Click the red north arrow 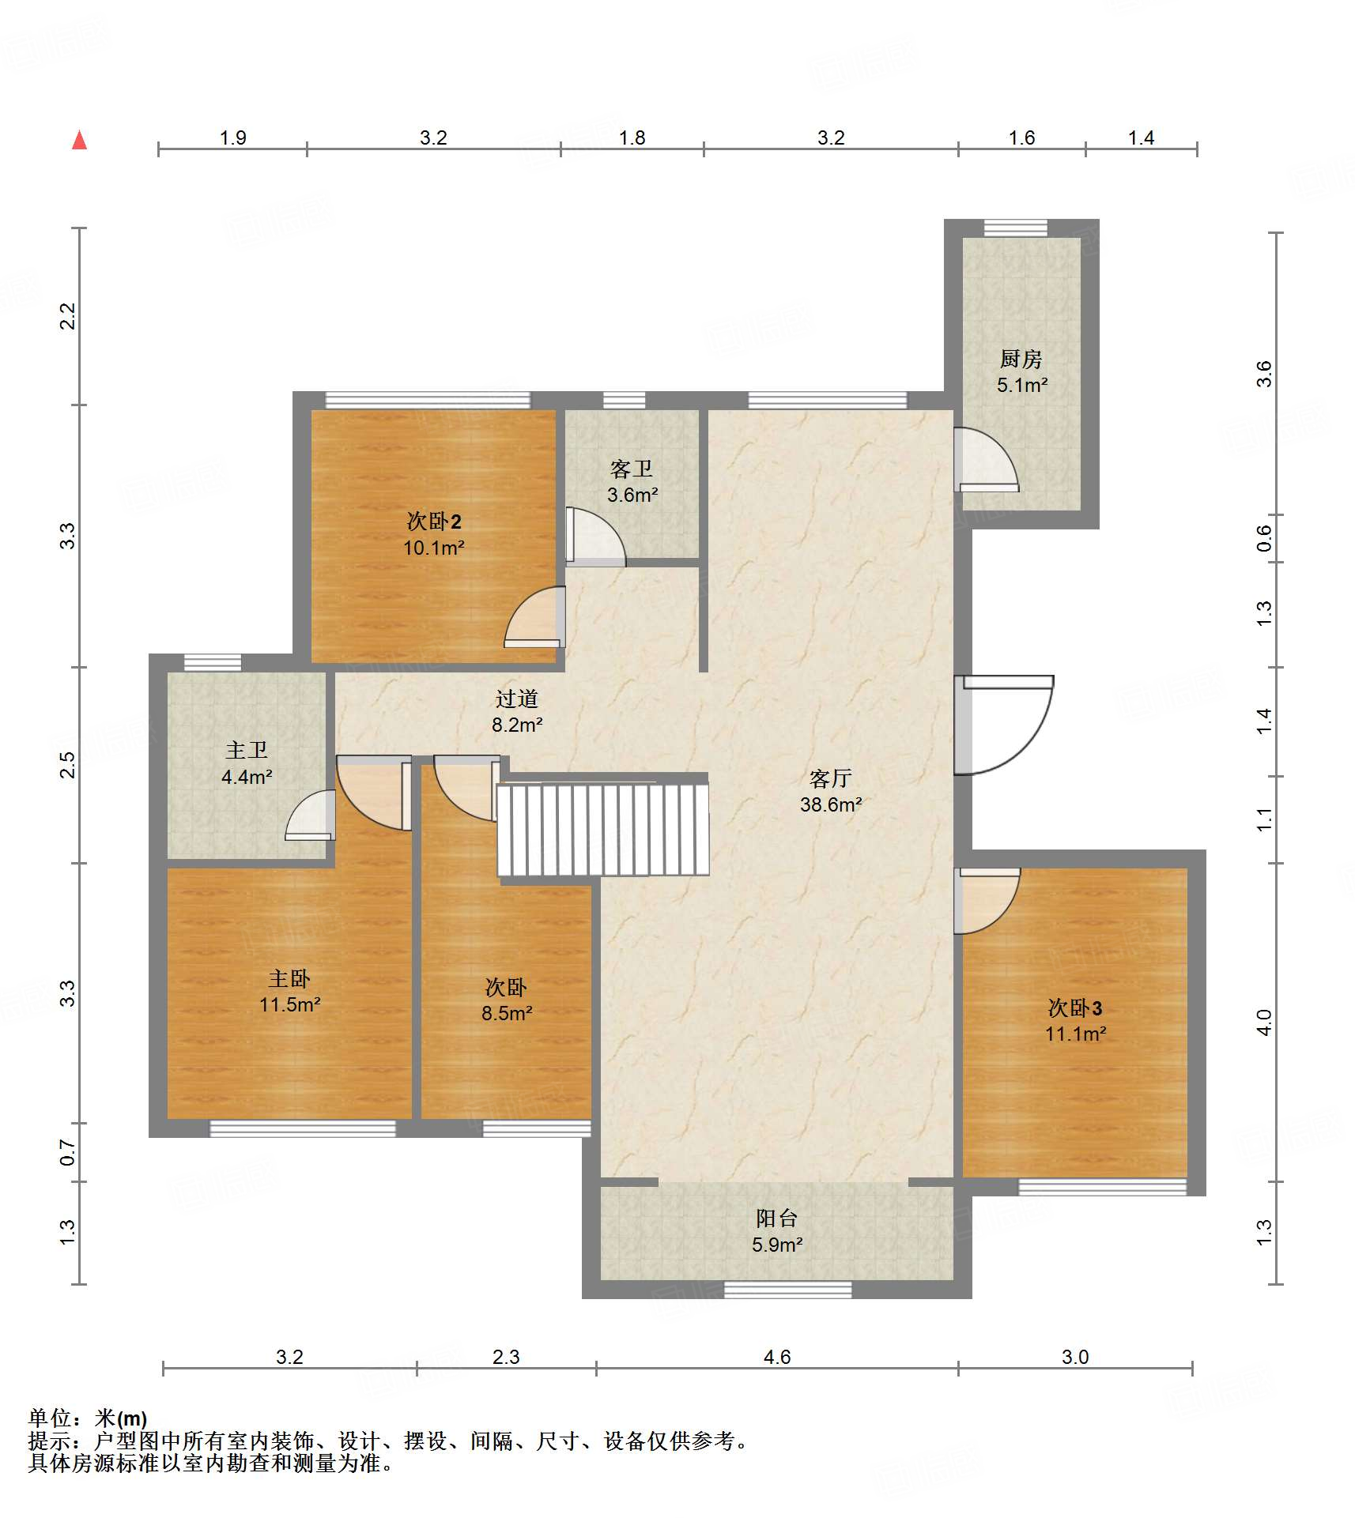tap(79, 140)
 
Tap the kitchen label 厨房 tap(1021, 360)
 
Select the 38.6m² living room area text tap(831, 804)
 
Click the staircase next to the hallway tap(602, 829)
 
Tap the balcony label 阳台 tap(776, 1219)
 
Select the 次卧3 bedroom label tap(1075, 1008)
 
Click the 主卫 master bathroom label tap(247, 750)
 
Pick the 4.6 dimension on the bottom tap(777, 1357)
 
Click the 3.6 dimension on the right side tap(1264, 373)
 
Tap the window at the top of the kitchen tap(1016, 228)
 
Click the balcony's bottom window tap(788, 1290)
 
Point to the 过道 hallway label tap(517, 699)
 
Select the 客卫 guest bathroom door tap(595, 537)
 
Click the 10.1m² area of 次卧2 tap(434, 548)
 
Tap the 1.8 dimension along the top tap(632, 137)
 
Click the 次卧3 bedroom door tap(987, 901)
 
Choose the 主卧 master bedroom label tap(289, 979)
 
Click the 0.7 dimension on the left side tap(68, 1152)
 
